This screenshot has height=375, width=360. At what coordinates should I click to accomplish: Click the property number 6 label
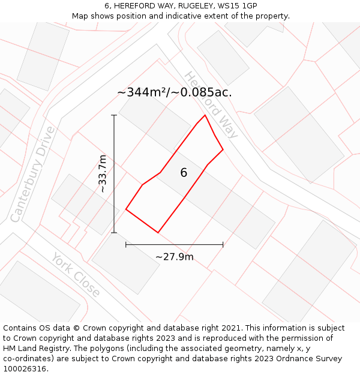pos(184,173)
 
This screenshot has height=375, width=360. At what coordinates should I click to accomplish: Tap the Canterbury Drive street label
pos(32,174)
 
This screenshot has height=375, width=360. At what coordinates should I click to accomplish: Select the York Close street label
pos(76,275)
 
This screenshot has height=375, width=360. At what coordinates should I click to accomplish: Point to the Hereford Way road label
pos(211,105)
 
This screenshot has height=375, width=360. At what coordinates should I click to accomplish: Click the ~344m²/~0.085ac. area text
pos(174,92)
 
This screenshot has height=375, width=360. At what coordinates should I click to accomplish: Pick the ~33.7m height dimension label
pos(103,173)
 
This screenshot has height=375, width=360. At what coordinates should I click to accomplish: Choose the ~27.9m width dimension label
pos(175,257)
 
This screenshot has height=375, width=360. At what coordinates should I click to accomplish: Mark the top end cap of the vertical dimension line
pos(114,115)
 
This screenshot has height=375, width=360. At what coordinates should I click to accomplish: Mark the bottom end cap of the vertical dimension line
pos(114,232)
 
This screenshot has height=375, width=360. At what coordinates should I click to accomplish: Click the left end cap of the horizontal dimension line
pos(126,244)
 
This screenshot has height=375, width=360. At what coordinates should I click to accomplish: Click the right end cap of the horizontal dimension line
pos(223,244)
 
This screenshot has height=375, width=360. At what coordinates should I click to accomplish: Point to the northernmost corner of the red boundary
pos(205,115)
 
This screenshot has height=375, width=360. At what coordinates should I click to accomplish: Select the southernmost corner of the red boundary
pos(158,232)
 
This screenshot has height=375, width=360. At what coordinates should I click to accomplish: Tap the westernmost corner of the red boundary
pos(126,209)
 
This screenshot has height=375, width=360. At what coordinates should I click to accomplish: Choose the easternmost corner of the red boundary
pos(223,149)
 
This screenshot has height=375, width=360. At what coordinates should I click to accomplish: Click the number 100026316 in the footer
pos(25,369)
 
